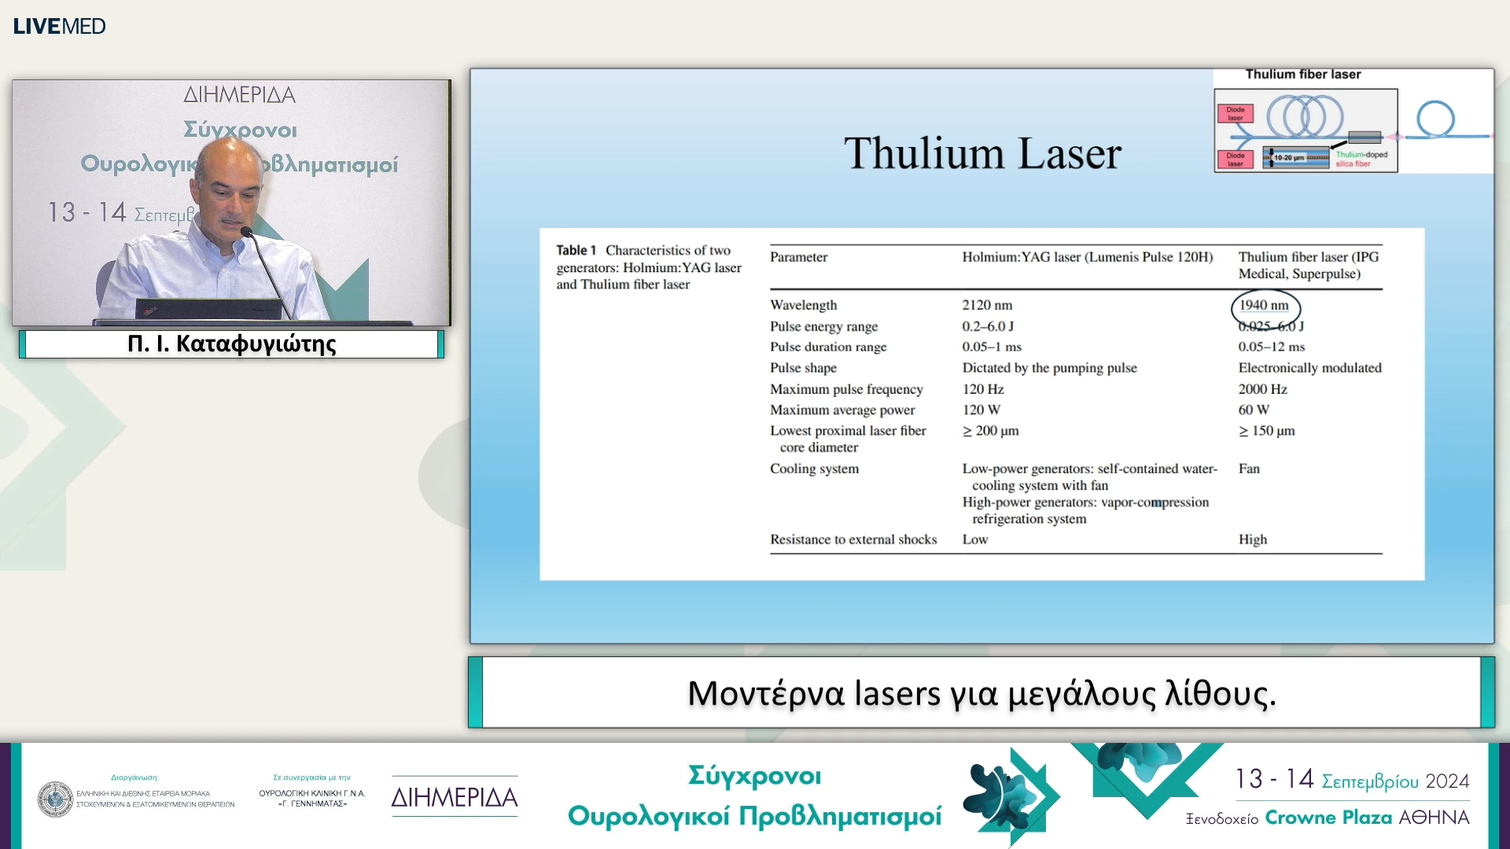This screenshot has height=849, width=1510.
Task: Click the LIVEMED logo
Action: (59, 26)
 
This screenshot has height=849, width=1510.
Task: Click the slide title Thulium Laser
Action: (982, 153)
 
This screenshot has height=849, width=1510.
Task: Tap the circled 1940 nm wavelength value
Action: (1264, 306)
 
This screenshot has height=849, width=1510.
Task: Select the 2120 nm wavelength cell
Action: (987, 306)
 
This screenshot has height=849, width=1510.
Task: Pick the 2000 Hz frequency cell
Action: (1262, 389)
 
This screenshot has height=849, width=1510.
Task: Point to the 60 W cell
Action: (1254, 410)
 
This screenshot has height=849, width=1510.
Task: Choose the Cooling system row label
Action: (814, 469)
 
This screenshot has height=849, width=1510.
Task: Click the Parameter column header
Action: (798, 257)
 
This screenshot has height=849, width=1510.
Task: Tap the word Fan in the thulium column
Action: (1249, 469)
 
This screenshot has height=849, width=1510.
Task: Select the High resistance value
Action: (1253, 540)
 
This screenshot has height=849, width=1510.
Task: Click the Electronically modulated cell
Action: (1309, 368)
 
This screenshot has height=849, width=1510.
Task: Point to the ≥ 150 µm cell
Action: (1266, 432)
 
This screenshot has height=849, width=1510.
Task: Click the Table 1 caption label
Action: (576, 251)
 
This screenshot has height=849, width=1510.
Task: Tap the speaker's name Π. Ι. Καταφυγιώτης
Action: (231, 344)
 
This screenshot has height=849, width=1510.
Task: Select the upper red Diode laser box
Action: (1235, 114)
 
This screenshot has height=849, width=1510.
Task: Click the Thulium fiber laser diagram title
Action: (1302, 75)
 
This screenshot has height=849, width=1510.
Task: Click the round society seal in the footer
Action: (55, 799)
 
